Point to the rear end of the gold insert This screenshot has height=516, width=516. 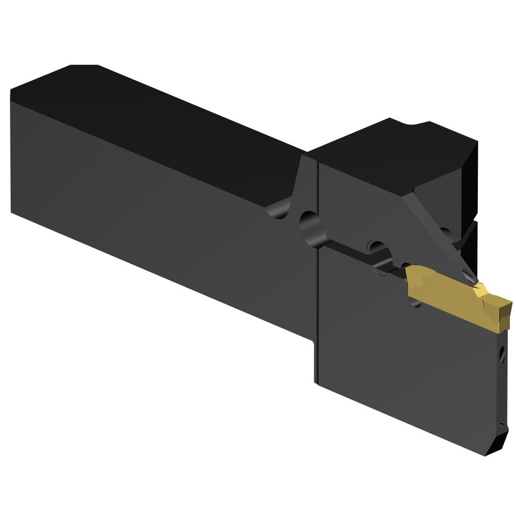(410, 279)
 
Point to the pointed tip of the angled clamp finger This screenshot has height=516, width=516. (471, 276)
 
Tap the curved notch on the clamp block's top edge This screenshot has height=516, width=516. (417, 125)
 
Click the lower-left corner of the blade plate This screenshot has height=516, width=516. (317, 381)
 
